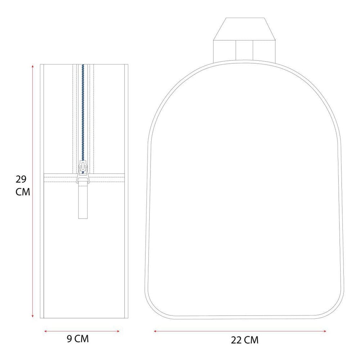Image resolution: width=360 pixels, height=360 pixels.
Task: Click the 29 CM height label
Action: (23, 185)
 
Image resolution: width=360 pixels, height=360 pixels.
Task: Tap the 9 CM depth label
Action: (78, 339)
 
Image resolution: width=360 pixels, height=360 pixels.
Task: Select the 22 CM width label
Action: (244, 340)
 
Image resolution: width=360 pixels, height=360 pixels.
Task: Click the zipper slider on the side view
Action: (83, 171)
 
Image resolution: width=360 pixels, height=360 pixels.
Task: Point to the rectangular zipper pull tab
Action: (83, 201)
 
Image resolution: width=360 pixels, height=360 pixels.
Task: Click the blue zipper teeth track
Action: (83, 112)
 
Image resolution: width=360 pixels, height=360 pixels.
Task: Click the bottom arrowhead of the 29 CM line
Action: (33, 316)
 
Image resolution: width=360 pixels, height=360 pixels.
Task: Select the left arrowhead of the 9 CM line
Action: (45, 331)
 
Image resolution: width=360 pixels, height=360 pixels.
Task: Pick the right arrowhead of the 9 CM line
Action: (118, 331)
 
